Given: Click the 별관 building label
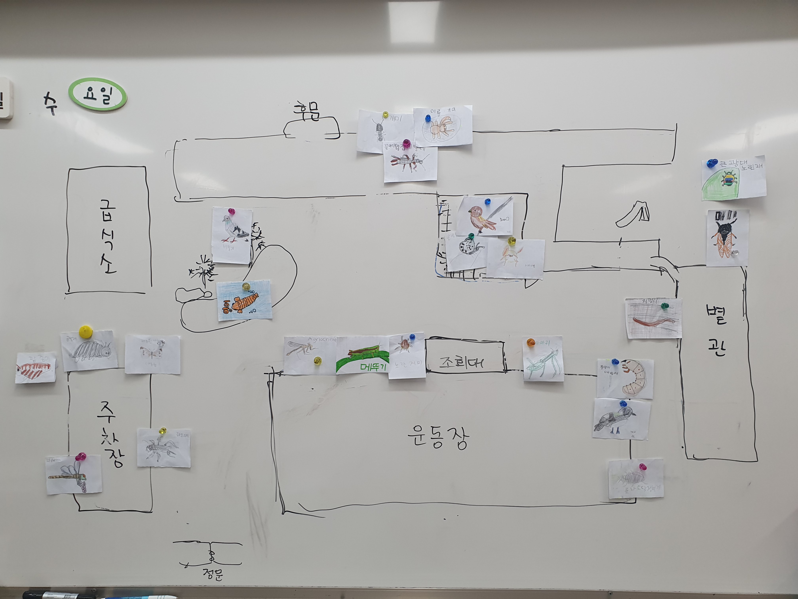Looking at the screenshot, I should click(716, 330).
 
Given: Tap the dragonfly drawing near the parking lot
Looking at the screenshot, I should click(70, 476).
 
